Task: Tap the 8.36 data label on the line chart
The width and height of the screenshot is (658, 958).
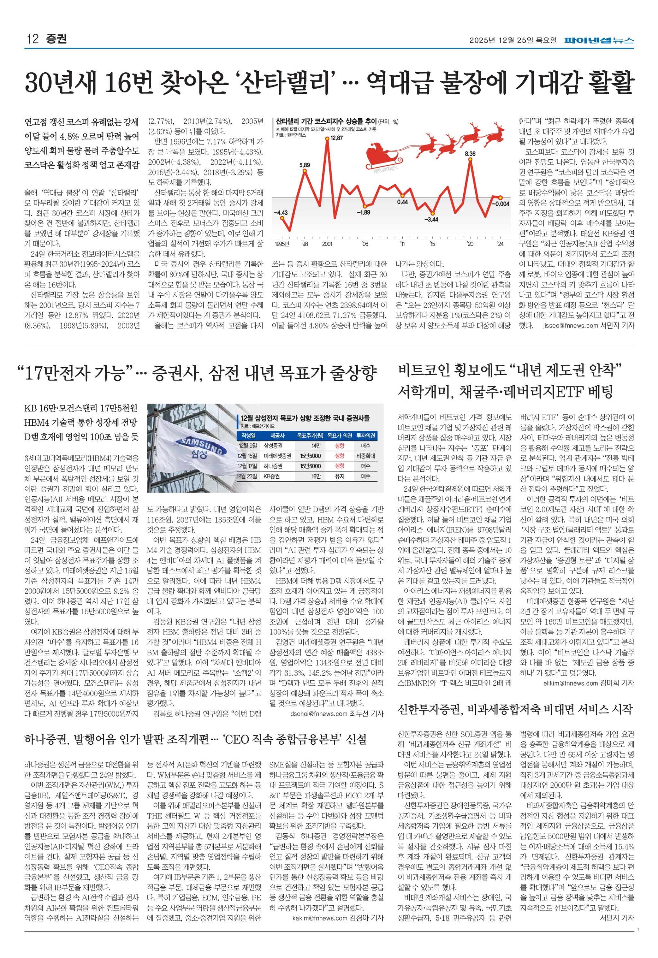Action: point(470,154)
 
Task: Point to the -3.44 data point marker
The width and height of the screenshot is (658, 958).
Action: point(432,212)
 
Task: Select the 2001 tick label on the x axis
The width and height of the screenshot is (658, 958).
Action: point(327,244)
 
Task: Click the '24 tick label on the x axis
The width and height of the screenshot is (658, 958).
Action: point(500,244)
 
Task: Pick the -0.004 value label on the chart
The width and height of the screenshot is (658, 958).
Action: point(502,204)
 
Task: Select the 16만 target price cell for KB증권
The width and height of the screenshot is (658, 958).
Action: point(316,476)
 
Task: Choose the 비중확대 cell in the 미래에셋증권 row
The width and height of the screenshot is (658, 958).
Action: point(365,456)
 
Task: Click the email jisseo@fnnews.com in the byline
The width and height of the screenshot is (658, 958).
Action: point(570,326)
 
